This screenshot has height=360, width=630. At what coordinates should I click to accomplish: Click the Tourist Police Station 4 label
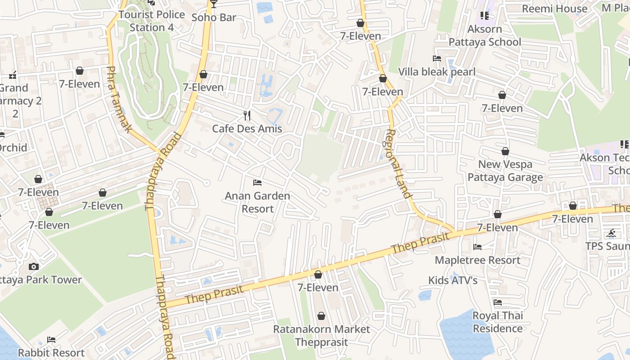pos(151,21)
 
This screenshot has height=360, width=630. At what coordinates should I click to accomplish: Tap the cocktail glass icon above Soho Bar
pos(214,4)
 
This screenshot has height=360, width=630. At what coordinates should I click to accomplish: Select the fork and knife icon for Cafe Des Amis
pos(247,116)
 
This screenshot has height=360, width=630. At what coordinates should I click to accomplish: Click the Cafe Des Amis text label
pos(247,129)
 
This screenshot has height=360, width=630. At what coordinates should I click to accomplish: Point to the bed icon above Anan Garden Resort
pos(257,183)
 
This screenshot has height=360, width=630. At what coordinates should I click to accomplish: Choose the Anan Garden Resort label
pos(257,202)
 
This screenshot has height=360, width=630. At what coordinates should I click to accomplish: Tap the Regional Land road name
pos(399,164)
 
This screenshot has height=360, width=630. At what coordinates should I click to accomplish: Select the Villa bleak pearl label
pos(436,72)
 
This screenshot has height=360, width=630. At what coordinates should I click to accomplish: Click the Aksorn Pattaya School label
pos(485,36)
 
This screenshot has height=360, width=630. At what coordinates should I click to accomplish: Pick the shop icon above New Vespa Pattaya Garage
pos(505,152)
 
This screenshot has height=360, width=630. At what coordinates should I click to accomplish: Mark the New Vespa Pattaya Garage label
pos(505,171)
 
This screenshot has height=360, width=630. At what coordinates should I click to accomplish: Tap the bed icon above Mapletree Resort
pos(477,247)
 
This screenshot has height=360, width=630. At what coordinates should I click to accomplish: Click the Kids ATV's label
pos(453,280)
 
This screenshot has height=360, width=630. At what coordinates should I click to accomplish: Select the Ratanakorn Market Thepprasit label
pos(321,336)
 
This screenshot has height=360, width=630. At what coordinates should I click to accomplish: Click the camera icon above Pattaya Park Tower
pos(34,267)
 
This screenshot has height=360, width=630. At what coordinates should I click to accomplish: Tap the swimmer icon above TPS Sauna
pos(611,233)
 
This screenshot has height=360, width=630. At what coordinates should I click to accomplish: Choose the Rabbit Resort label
pos(51,353)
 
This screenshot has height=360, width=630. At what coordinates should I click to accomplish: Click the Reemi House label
pos(554,9)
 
